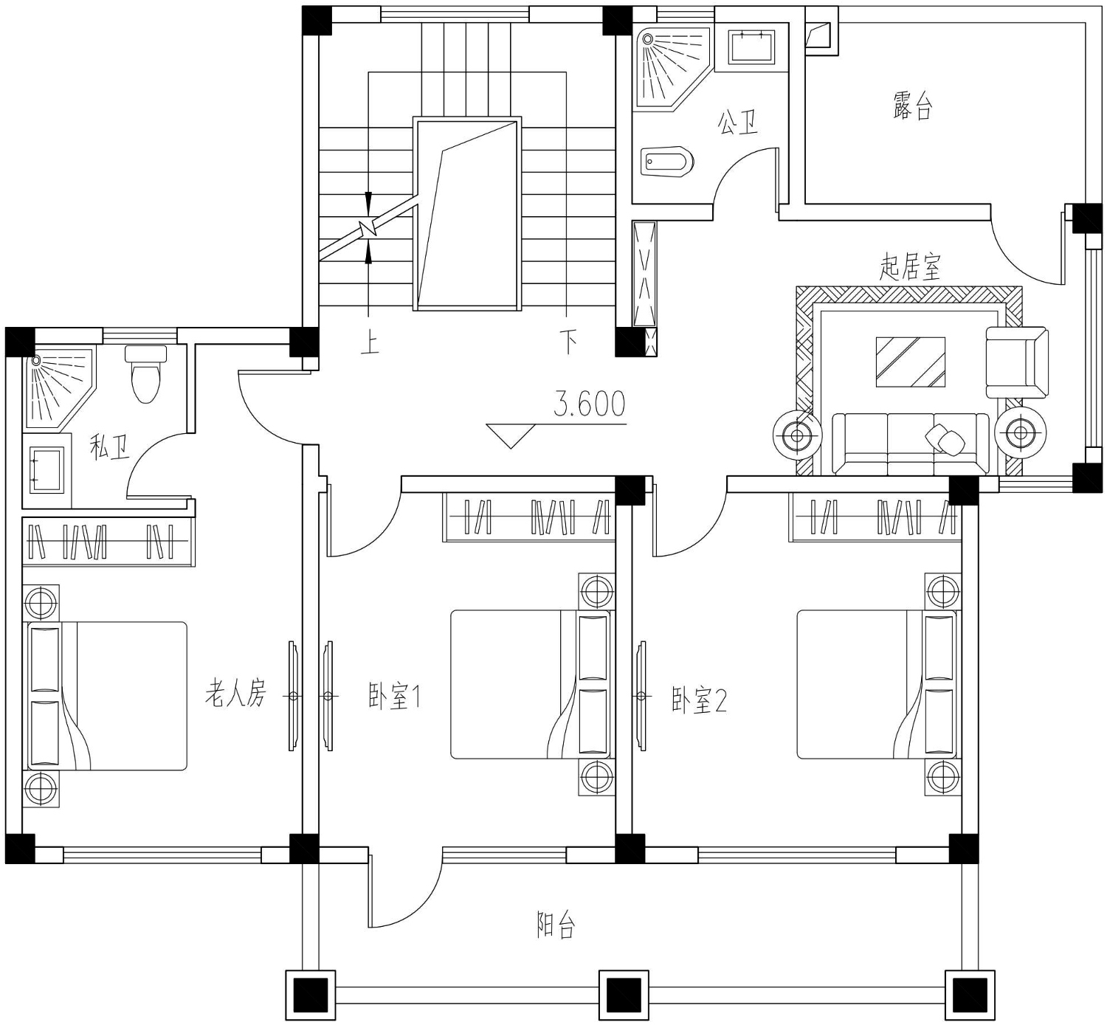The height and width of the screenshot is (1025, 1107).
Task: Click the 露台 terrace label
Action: pos(912,106)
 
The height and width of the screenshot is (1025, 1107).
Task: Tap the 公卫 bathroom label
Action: pos(737,122)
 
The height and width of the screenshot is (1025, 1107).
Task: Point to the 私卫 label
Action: pos(109,447)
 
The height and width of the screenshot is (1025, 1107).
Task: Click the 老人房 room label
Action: pos(235,693)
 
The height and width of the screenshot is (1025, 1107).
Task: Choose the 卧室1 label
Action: pos(394,696)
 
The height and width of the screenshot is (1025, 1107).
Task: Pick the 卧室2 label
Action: pos(699,700)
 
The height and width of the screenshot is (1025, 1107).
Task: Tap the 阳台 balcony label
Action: pos(556,925)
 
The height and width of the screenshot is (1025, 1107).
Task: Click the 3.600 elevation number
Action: pos(589,404)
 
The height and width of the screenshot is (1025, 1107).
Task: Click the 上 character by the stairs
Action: pos(370,341)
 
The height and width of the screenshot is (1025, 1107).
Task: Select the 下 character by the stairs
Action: pos(568,341)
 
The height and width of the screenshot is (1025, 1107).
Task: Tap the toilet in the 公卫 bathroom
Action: pos(667,162)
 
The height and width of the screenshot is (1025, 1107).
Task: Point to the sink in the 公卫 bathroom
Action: pos(751,46)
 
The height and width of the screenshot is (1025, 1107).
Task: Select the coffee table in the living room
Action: pos(910,362)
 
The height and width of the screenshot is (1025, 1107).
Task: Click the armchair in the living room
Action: pos(1017,362)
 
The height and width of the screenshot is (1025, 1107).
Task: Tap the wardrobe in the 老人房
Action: pos(108,542)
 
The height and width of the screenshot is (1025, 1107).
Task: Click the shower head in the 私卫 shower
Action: pos(36,360)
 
